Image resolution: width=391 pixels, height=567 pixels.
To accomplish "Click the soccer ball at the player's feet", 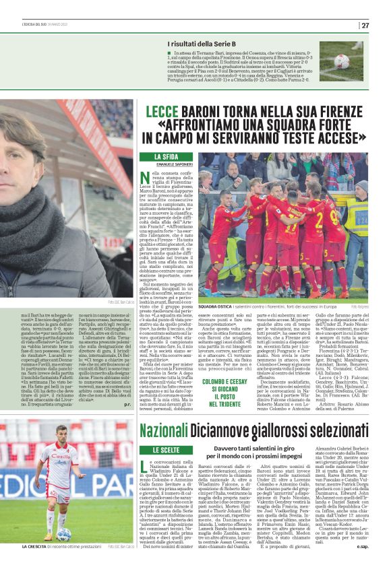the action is [63, 533].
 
